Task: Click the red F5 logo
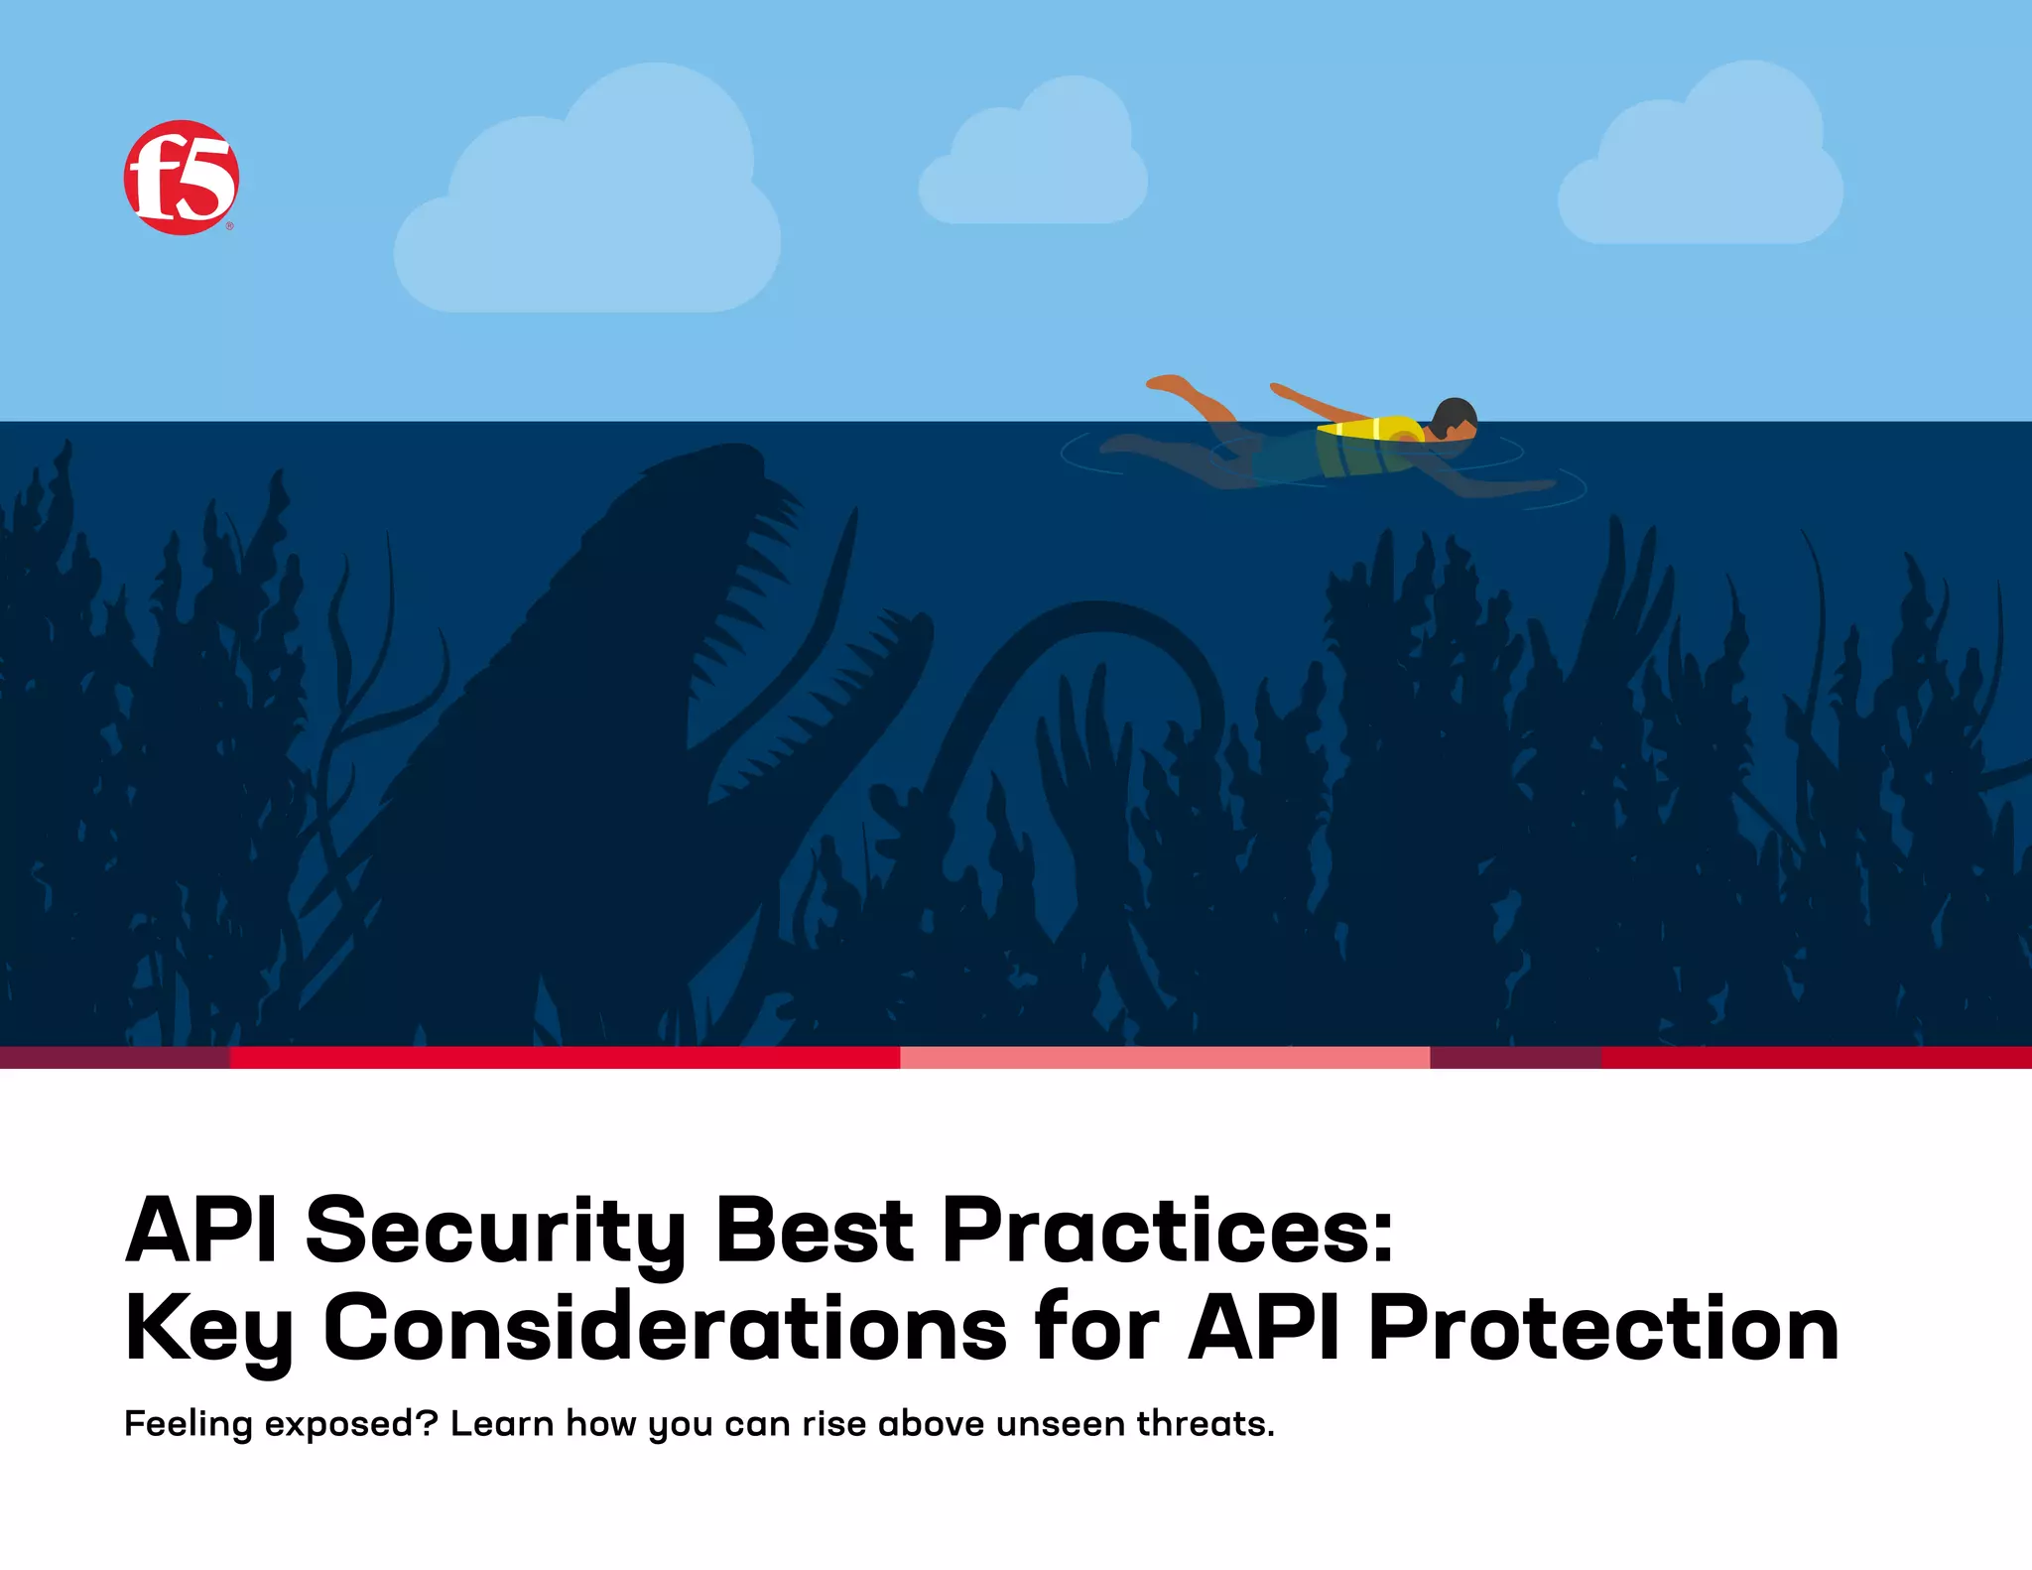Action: tap(181, 178)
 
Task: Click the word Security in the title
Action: tap(495, 1232)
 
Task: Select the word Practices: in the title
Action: tap(1168, 1232)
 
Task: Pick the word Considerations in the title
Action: tap(666, 1329)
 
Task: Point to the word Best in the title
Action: tap(814, 1232)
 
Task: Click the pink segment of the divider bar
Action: tap(1164, 1057)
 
